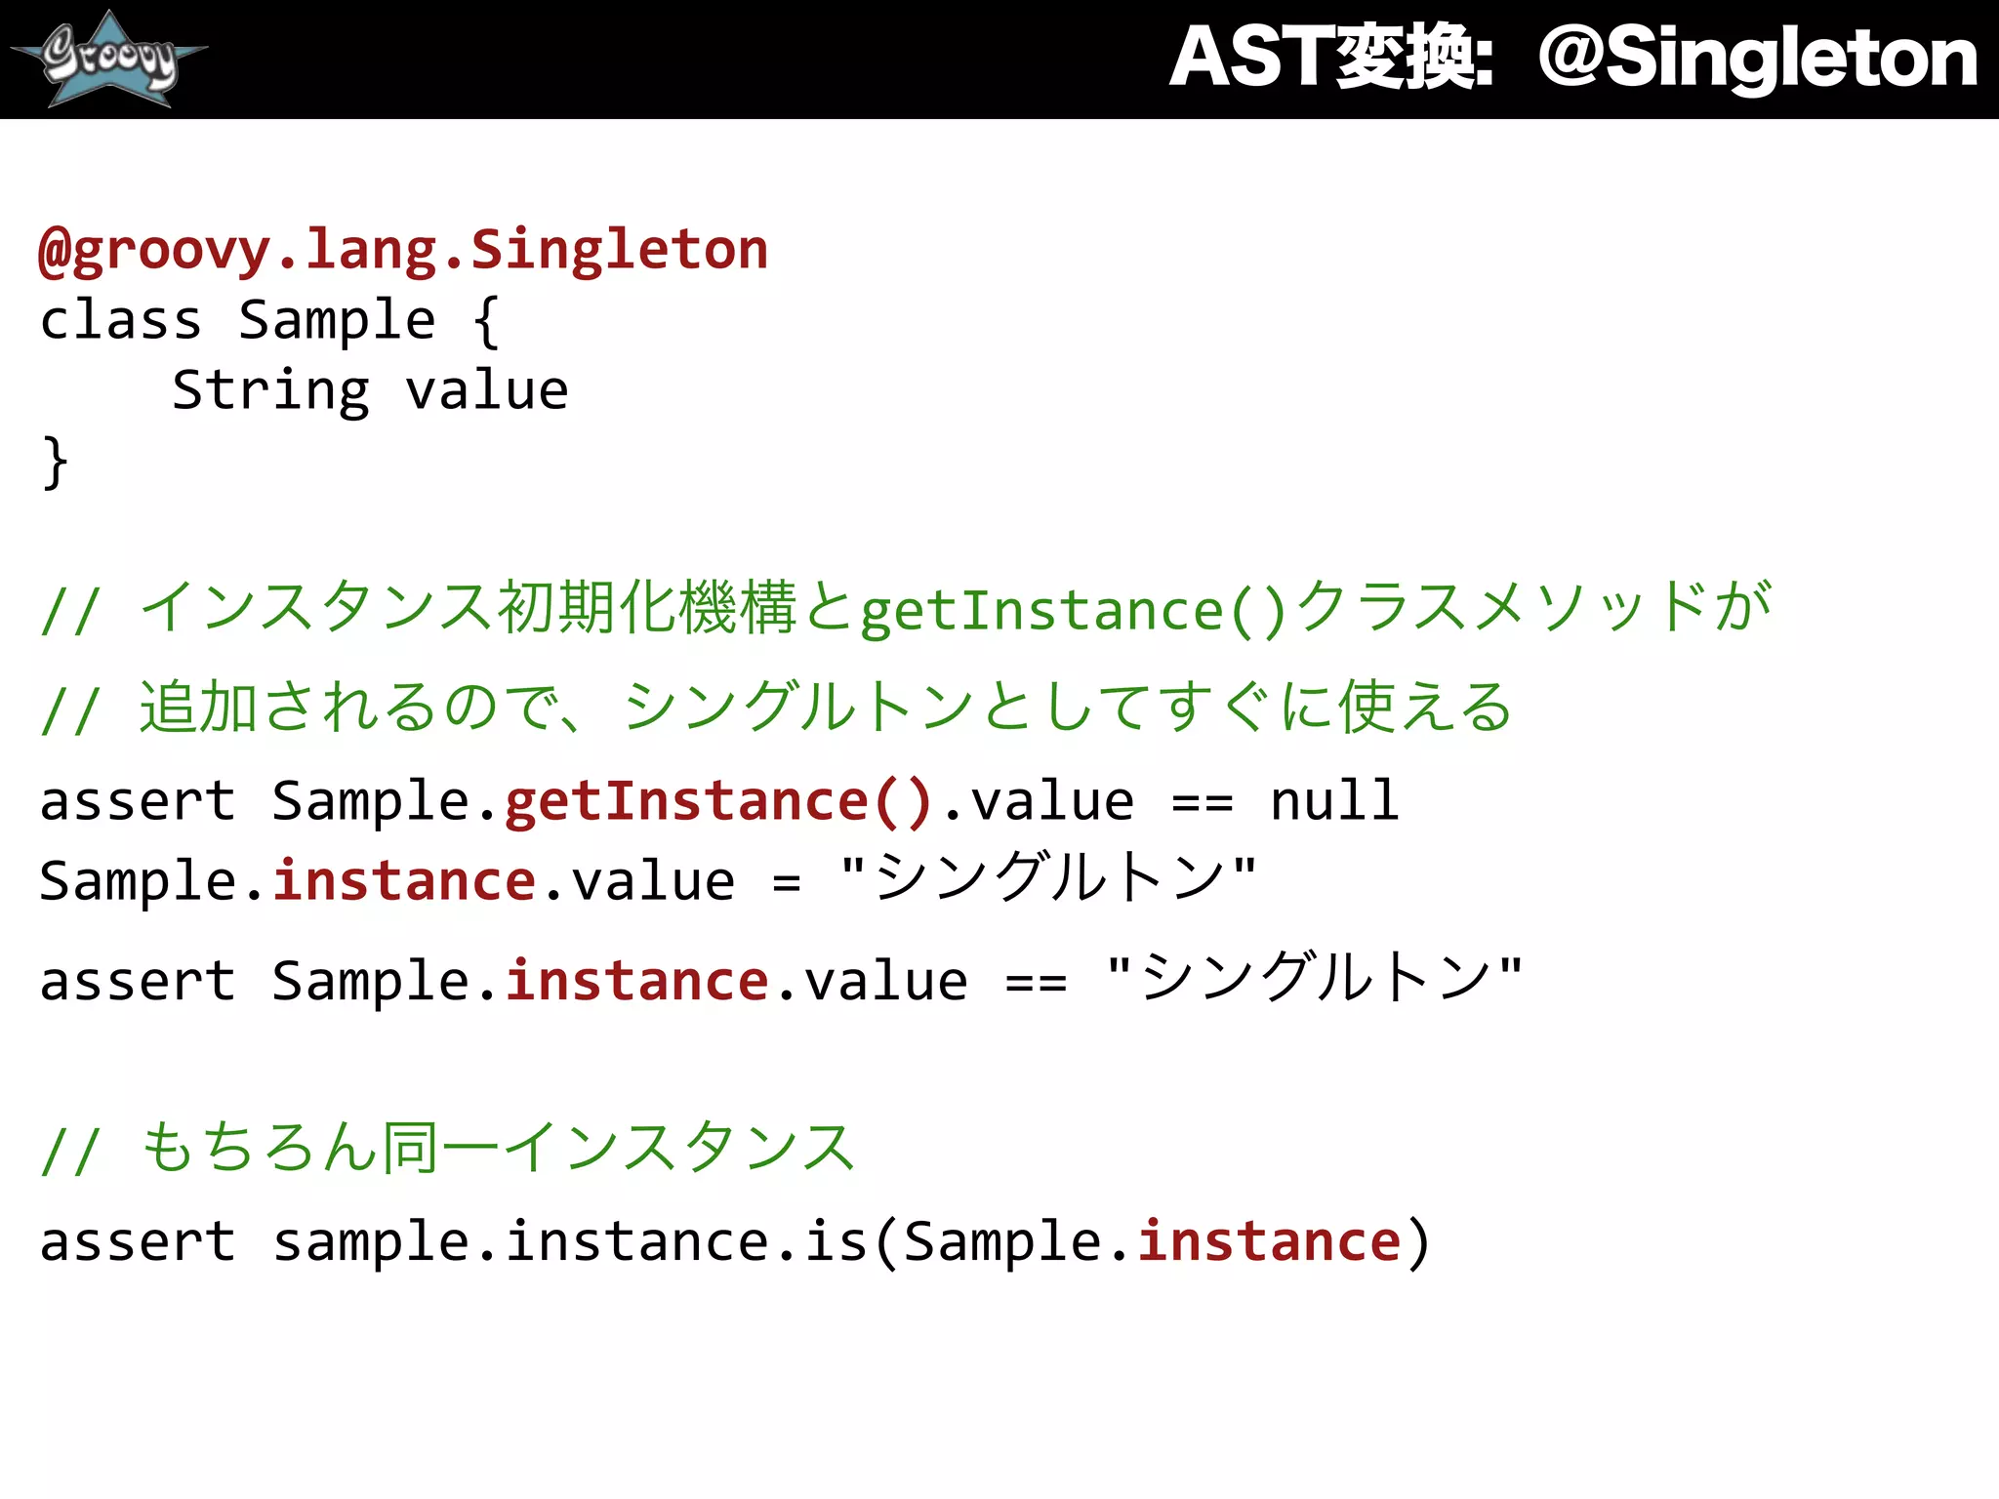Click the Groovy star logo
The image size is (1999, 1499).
[x=109, y=59]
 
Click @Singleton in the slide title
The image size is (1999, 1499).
[x=1757, y=59]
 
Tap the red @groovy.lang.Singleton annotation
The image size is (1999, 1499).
[x=403, y=250]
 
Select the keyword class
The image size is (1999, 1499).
[x=120, y=320]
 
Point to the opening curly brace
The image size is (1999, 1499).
[x=486, y=322]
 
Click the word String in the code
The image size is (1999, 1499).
[x=271, y=391]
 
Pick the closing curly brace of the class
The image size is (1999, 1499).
[x=55, y=463]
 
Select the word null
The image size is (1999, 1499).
[x=1334, y=802]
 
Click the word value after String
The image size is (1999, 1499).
[x=486, y=391]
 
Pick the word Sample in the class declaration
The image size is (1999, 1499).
[x=337, y=320]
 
